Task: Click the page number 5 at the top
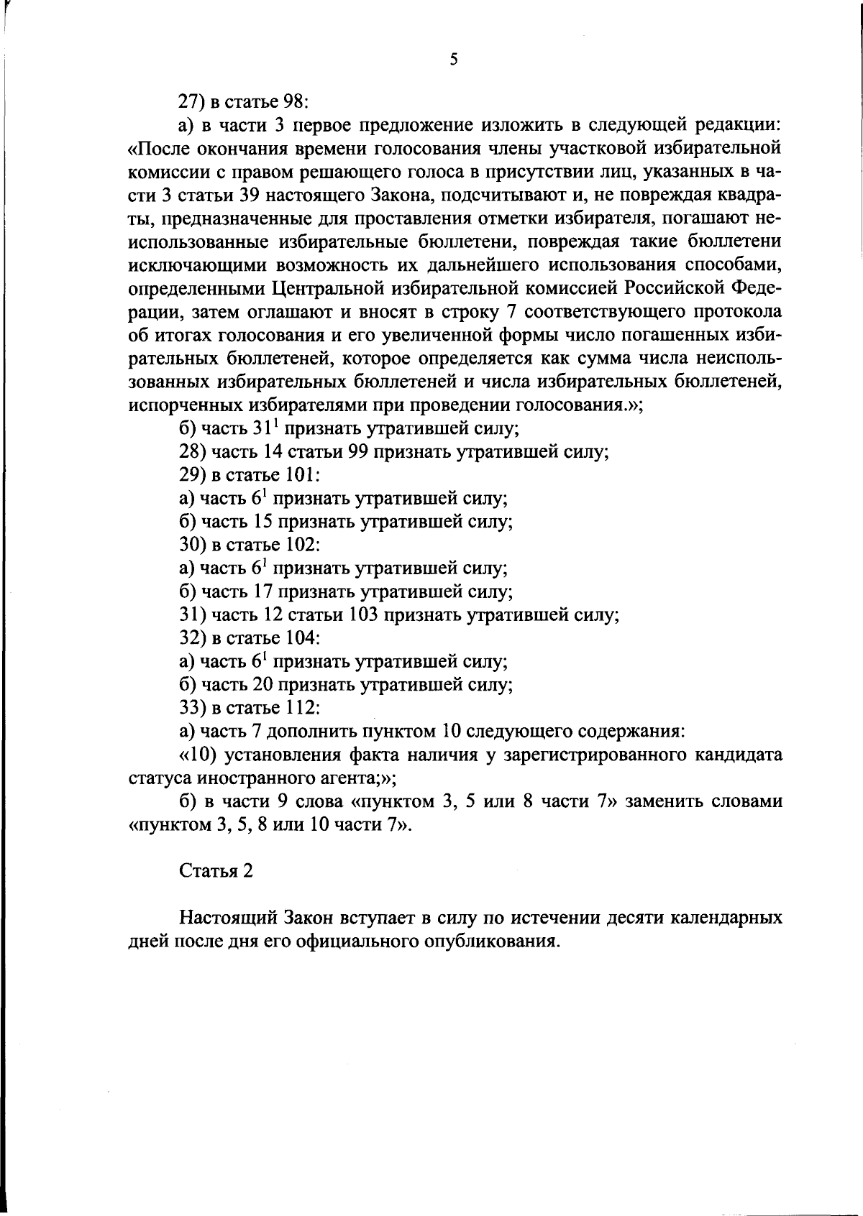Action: pyautogui.click(x=453, y=60)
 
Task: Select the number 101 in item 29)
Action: pyautogui.click(x=302, y=475)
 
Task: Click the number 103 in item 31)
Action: pyautogui.click(x=363, y=614)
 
